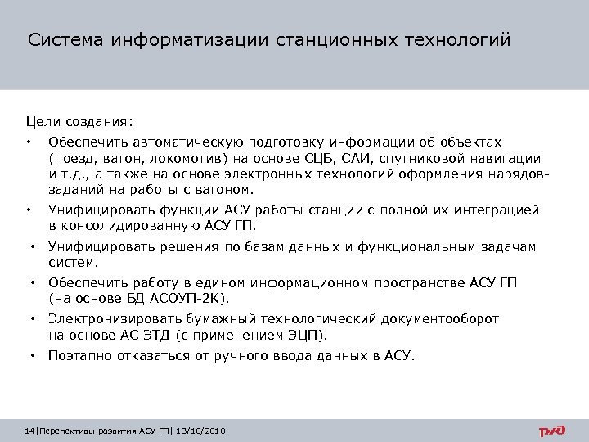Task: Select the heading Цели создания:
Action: (79, 123)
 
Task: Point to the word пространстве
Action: (420, 283)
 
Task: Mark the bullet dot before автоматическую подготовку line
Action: (29, 143)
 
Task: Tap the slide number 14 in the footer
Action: (31, 431)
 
